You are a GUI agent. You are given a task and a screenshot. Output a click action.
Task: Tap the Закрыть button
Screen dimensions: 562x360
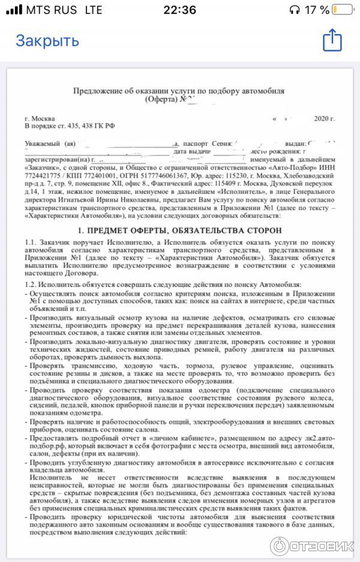click(47, 41)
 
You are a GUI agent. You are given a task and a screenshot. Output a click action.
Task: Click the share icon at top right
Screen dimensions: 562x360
click(332, 41)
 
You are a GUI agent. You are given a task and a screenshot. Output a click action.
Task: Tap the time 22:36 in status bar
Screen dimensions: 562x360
click(180, 10)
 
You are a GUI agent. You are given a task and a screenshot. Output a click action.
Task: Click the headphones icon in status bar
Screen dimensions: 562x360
click(295, 10)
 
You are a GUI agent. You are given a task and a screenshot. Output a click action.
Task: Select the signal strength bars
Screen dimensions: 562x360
click(15, 10)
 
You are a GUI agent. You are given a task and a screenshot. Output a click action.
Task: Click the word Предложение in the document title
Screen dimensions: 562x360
click(98, 90)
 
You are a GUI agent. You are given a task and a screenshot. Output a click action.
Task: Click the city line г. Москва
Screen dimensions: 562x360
click(40, 118)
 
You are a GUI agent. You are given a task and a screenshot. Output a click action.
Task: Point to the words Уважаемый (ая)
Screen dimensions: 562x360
click(50, 144)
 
